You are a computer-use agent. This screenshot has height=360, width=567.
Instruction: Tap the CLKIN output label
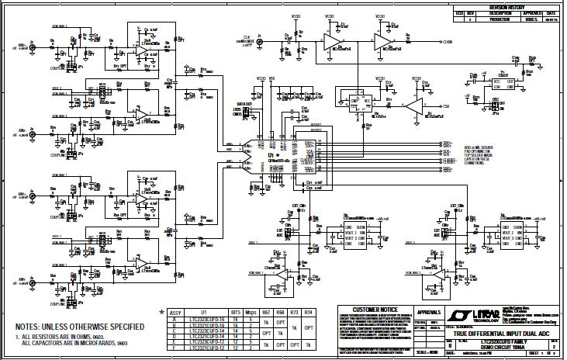pos(448,42)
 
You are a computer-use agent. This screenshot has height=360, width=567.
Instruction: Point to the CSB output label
pos(447,105)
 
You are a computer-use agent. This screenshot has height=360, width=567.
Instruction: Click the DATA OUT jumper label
pos(245,102)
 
